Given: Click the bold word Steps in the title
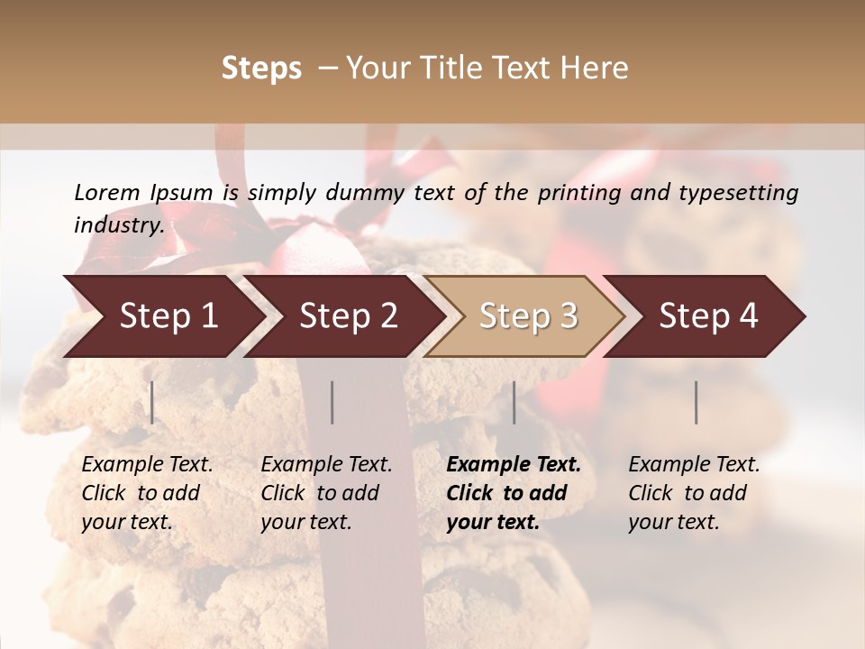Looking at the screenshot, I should [x=261, y=69].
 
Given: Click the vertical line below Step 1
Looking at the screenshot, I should [x=152, y=402].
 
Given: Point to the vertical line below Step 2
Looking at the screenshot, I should [x=332, y=402].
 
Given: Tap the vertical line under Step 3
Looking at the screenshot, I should [x=514, y=402].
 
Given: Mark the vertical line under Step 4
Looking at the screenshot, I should [x=697, y=402].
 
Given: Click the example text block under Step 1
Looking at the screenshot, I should [x=147, y=493].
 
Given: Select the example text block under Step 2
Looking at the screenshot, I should [x=326, y=493].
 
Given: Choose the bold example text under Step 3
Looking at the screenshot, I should [x=513, y=493].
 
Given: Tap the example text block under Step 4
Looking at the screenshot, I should [x=694, y=493].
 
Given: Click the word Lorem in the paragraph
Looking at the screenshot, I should [x=106, y=192].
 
